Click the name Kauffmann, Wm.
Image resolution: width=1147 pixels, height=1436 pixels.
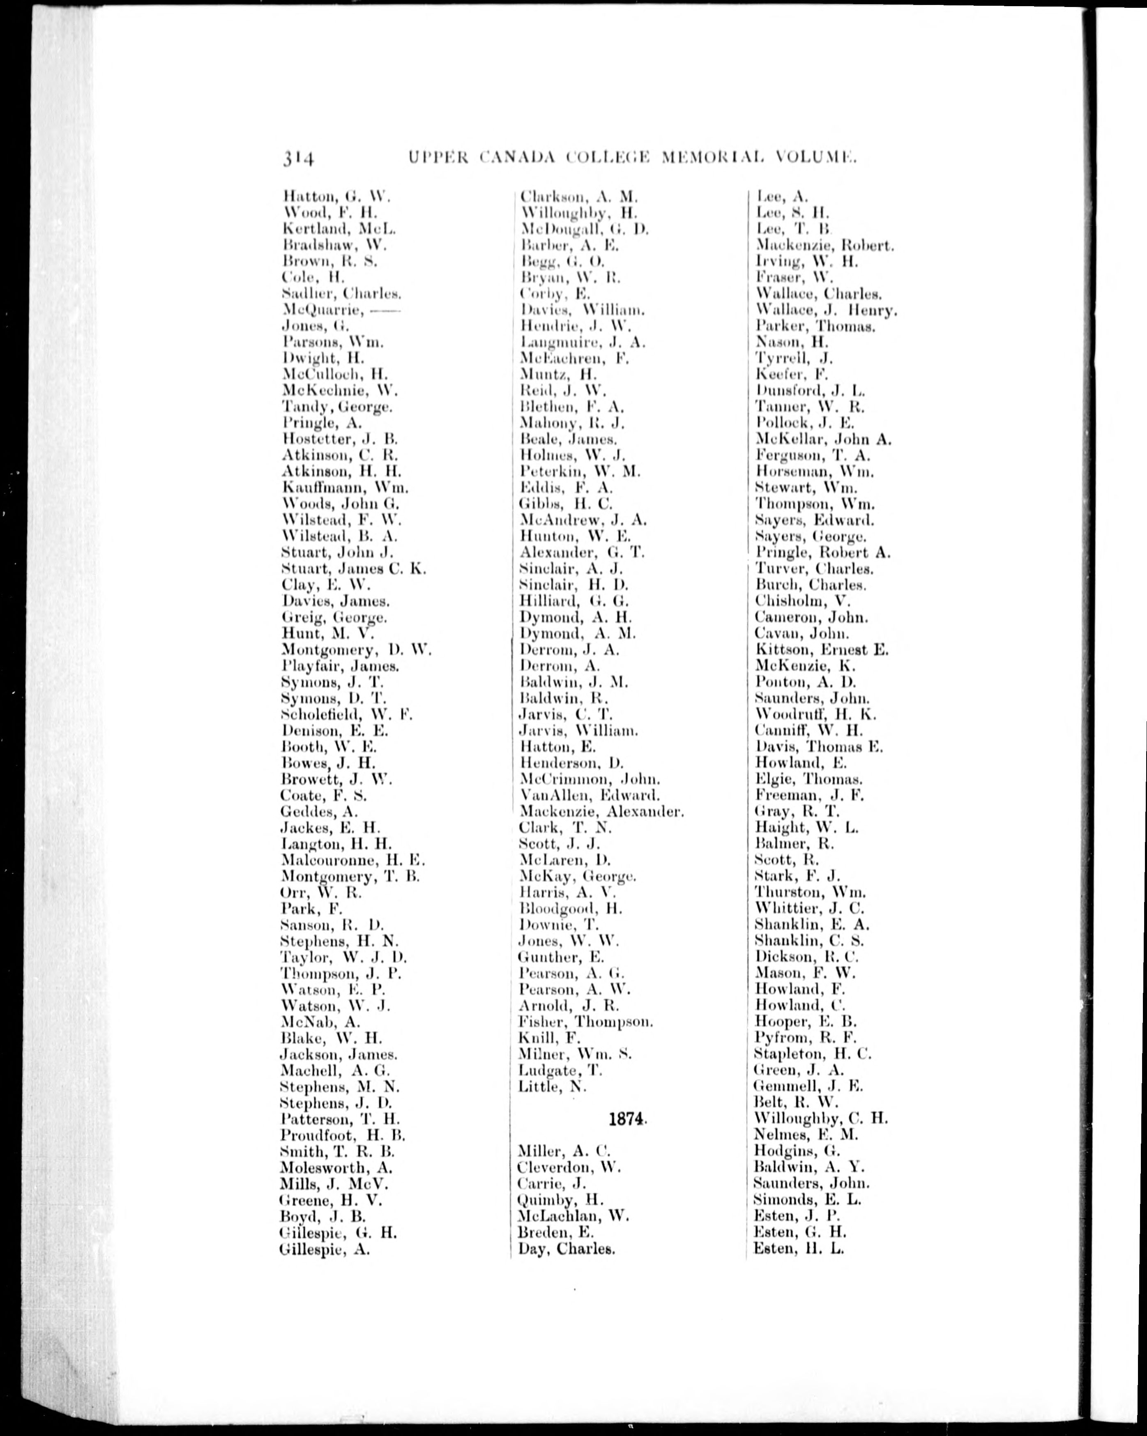pos(345,488)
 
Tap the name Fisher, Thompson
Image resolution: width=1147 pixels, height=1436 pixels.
pos(585,1021)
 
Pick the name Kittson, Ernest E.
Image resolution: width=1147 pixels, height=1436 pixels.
pos(821,649)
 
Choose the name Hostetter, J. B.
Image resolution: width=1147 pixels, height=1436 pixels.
pos(340,439)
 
